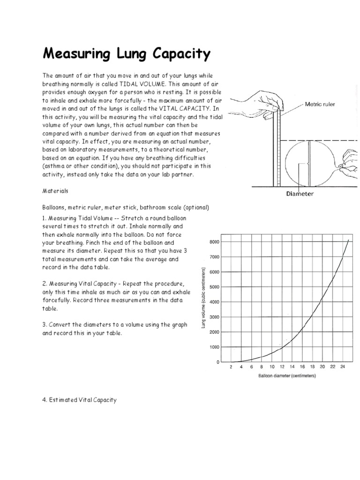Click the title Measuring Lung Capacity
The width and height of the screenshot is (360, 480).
click(x=127, y=54)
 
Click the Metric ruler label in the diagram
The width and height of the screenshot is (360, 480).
click(x=320, y=104)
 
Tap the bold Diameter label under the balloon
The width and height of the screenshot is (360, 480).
click(x=300, y=193)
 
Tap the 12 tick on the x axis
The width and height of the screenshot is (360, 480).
click(x=282, y=367)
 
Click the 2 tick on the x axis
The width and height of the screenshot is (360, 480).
click(x=231, y=367)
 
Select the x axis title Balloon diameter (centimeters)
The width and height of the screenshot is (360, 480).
click(x=286, y=376)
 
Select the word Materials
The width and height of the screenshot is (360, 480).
click(x=55, y=191)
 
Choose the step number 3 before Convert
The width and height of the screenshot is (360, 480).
click(x=44, y=325)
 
